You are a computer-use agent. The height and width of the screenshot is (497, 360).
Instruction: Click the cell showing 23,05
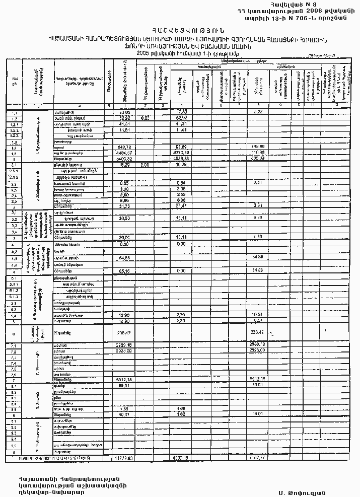(124, 111)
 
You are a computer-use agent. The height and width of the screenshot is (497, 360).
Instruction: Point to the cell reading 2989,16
(124, 345)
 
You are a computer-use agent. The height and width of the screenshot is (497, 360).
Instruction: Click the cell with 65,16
(124, 270)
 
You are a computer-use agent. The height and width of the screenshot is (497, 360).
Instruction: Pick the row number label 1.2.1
(14, 123)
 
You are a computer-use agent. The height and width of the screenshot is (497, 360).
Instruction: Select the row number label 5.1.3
(14, 297)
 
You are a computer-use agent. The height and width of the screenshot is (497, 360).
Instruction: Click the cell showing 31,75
(124, 205)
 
